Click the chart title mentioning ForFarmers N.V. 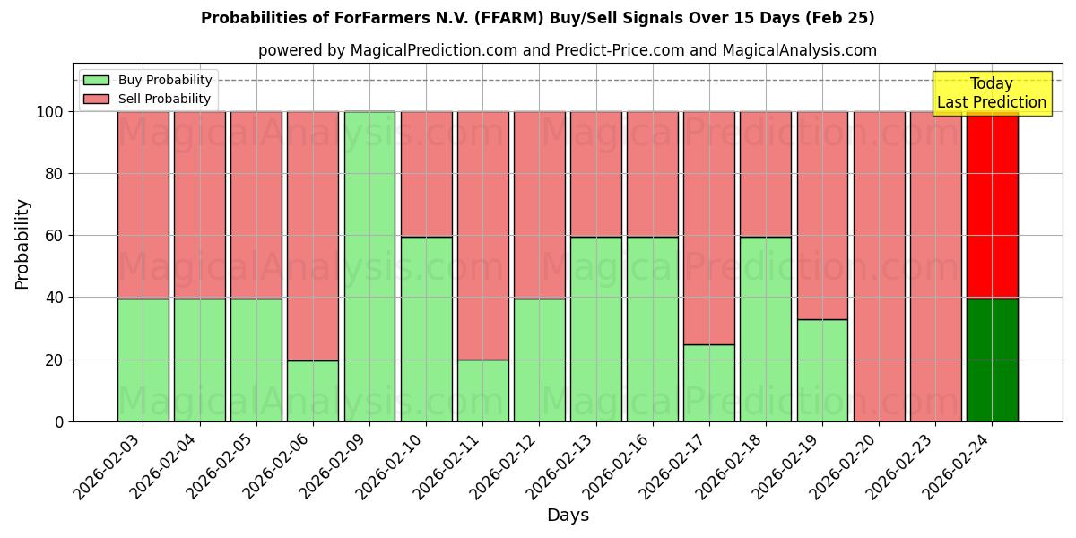click(537, 18)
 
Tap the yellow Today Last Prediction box click(991, 93)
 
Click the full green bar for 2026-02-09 click(369, 266)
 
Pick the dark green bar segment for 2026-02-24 click(992, 360)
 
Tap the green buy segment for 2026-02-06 click(313, 391)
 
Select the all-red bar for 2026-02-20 click(879, 266)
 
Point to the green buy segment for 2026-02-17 click(708, 383)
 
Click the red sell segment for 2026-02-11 click(482, 235)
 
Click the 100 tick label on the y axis click(50, 112)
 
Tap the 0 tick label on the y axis click(59, 421)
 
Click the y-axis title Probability click(22, 243)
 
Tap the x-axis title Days click(568, 516)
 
